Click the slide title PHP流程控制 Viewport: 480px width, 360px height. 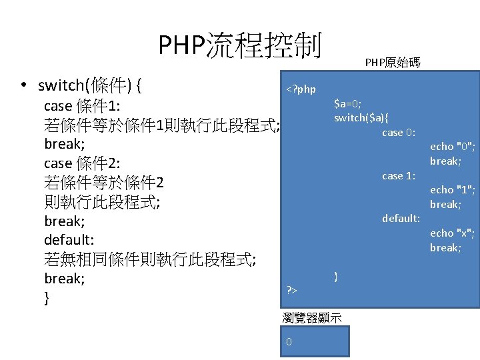pos(240,45)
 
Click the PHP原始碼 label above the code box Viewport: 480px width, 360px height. pos(393,63)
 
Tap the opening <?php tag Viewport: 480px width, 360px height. pos(301,89)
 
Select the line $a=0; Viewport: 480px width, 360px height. pos(348,103)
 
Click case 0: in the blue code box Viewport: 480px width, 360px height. pos(399,133)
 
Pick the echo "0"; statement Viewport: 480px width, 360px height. pos(453,147)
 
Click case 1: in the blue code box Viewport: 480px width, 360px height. pos(399,176)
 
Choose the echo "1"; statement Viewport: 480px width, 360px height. pos(453,190)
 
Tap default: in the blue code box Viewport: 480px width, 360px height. pos(401,219)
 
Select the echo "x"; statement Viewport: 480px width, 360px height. pos(453,233)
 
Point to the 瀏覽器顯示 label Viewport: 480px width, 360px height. pos(312,318)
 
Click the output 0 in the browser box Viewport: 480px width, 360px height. pos(288,342)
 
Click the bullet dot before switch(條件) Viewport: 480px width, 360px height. pos(23,85)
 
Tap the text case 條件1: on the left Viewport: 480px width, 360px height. pos(81,106)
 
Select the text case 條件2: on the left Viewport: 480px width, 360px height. pos(81,163)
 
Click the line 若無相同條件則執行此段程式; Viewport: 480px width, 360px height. pos(151,259)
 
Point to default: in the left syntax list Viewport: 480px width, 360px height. pos(69,240)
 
